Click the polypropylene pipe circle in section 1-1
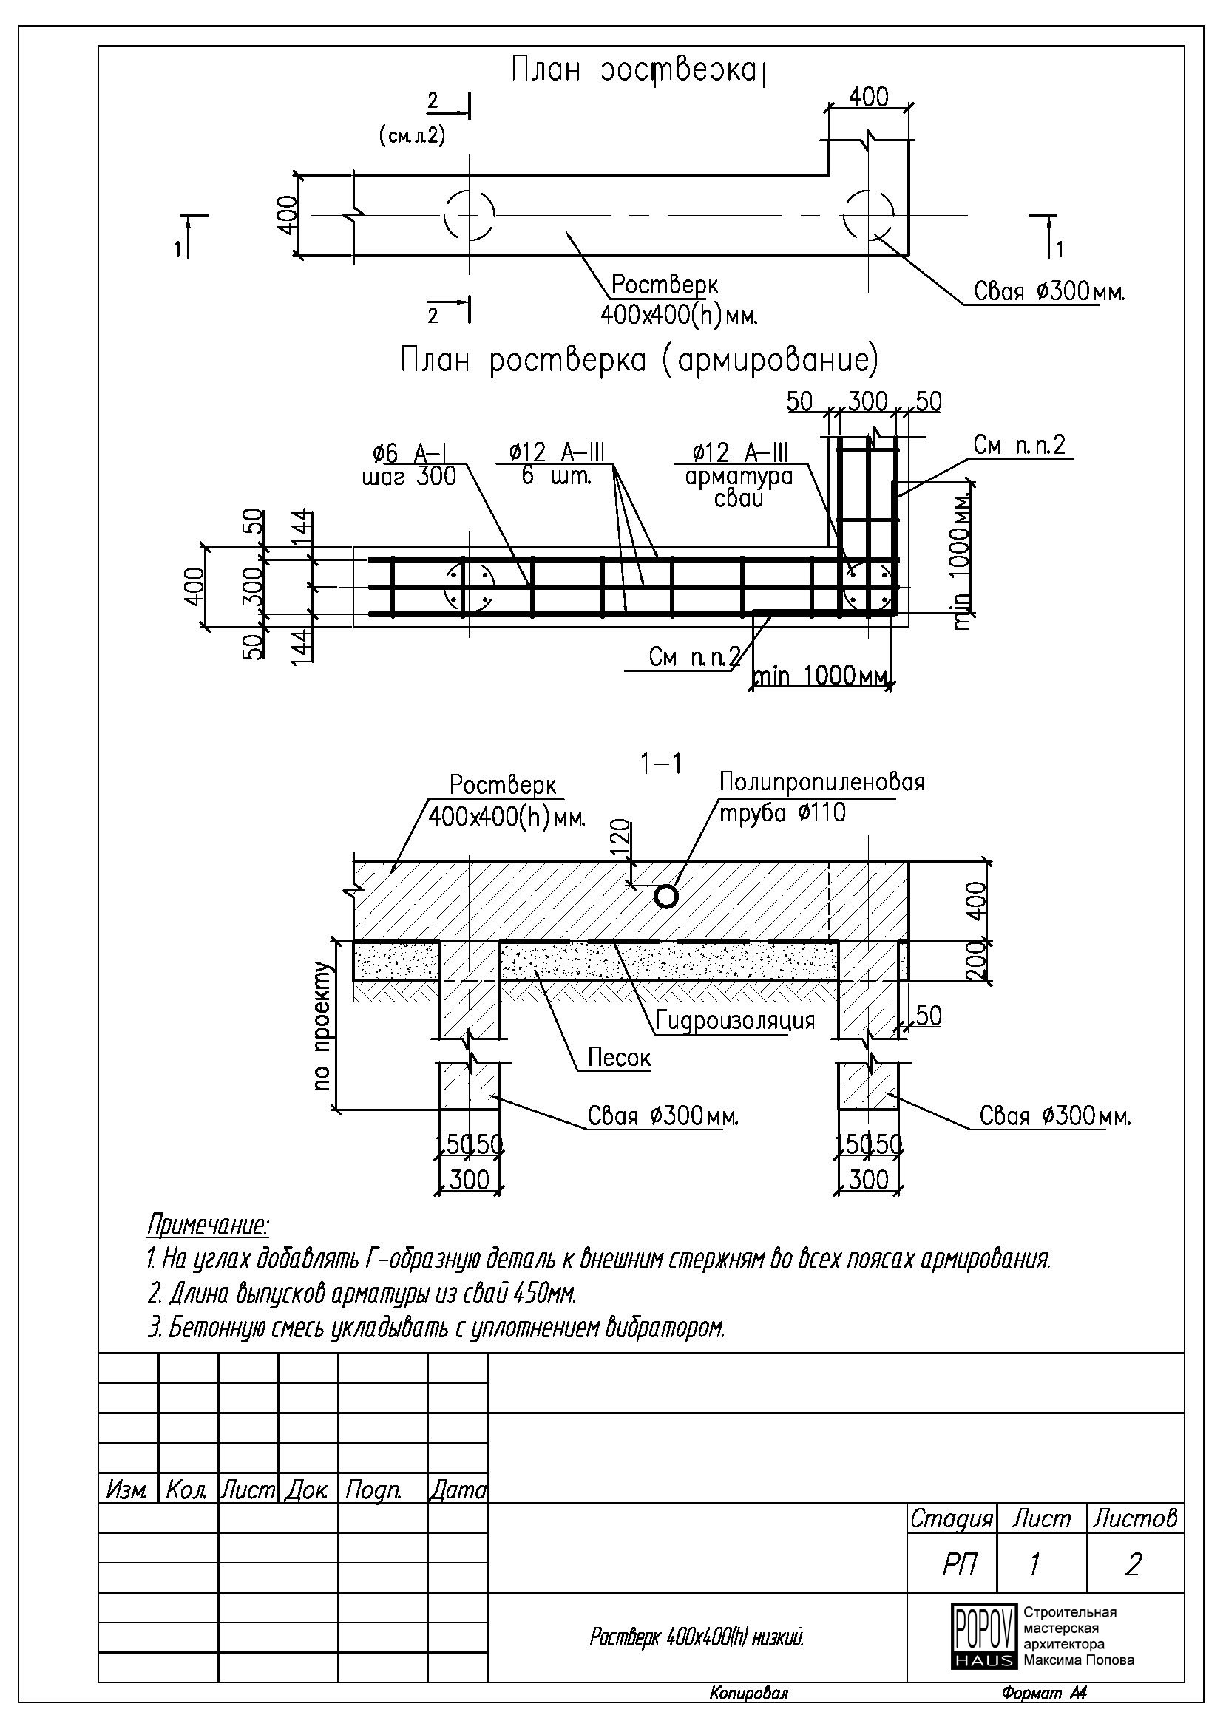(665, 896)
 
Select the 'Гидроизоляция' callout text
(735, 1021)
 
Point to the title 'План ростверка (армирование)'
(639, 361)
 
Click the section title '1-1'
(660, 764)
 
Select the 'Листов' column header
(1135, 1518)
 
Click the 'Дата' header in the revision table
(457, 1490)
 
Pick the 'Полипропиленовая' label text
(821, 782)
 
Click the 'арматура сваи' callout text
(739, 487)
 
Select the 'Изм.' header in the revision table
(127, 1490)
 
